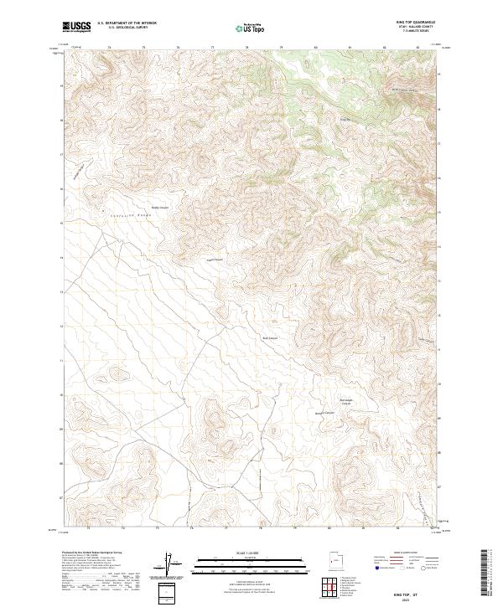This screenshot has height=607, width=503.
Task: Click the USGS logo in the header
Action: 77,27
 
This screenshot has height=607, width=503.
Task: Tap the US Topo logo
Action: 251,28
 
